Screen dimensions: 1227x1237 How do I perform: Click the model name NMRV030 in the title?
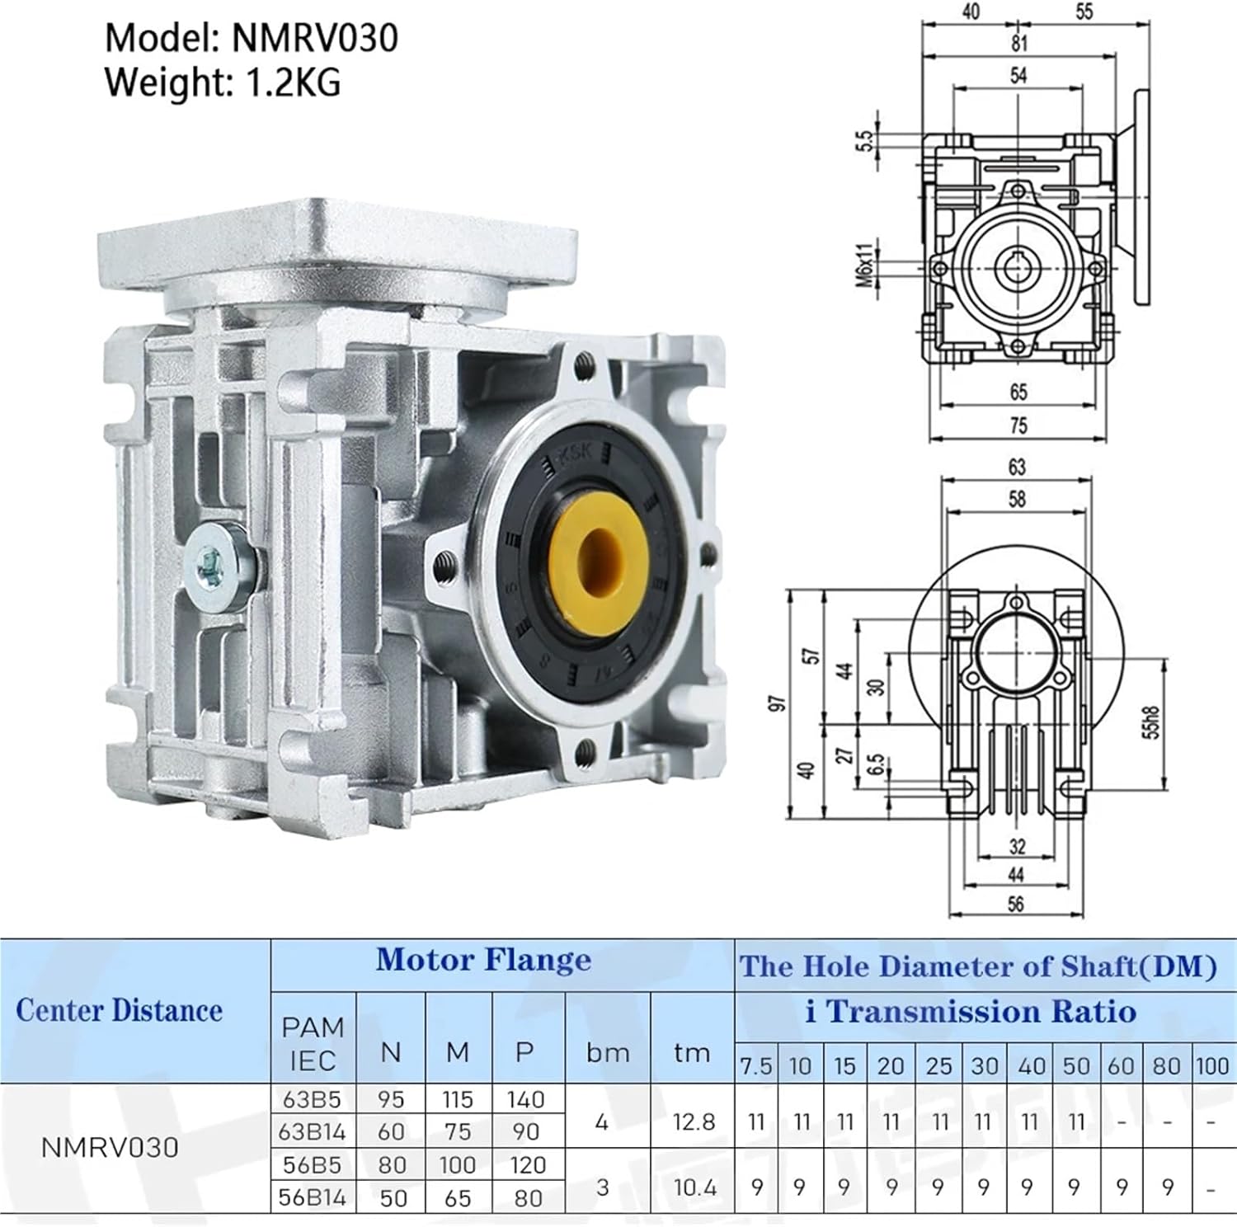pos(314,38)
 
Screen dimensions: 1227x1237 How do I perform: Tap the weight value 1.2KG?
pos(293,82)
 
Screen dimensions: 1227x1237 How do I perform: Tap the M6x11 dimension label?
pos(864,266)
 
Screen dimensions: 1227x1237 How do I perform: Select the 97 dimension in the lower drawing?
pos(777,703)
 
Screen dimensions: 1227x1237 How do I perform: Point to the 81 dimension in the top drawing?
pos(1019,44)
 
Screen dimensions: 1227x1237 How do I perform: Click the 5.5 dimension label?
pos(863,141)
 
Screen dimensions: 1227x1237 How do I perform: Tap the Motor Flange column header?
pos(483,960)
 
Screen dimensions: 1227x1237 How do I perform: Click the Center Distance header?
pos(120,1010)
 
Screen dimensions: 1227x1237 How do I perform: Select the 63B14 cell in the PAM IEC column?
pos(313,1131)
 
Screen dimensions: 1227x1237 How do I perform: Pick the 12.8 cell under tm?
pos(693,1122)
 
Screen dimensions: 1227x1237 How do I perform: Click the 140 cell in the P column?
pos(526,1099)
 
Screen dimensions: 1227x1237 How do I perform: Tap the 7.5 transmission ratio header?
pos(755,1066)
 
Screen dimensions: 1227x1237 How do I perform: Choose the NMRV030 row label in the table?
pos(110,1147)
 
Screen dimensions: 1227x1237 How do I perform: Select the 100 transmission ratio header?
pos(1211,1066)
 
